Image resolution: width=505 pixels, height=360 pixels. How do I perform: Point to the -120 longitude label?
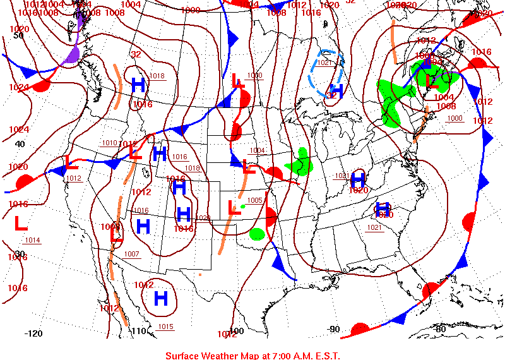click(x=33, y=333)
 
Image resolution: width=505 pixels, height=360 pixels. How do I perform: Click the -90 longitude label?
click(x=334, y=329)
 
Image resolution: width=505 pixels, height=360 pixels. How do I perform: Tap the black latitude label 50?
click(x=18, y=35)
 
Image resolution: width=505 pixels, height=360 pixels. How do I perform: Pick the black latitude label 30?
click(x=20, y=254)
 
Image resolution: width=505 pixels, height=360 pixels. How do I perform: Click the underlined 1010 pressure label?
click(x=109, y=143)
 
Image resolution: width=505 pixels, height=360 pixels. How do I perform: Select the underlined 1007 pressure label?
click(x=131, y=254)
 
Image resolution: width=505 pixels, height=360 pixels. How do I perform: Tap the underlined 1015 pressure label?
click(x=165, y=327)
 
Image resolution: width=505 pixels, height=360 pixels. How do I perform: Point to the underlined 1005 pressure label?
click(x=254, y=200)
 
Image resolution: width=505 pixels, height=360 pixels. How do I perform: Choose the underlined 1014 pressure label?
click(x=32, y=240)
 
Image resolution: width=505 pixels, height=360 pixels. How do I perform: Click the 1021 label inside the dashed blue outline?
click(x=324, y=63)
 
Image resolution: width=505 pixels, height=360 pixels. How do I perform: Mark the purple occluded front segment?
click(x=74, y=51)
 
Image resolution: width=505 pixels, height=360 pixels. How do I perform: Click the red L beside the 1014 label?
click(x=20, y=223)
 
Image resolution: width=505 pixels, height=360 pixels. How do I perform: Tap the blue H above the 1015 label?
click(x=161, y=298)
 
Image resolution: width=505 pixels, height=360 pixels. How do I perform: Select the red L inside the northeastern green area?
click(x=432, y=81)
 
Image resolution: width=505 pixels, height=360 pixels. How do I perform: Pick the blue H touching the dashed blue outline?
click(x=336, y=90)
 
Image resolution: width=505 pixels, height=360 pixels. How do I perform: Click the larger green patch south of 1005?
click(x=256, y=234)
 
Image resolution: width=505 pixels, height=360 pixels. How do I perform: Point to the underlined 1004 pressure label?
click(x=257, y=150)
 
